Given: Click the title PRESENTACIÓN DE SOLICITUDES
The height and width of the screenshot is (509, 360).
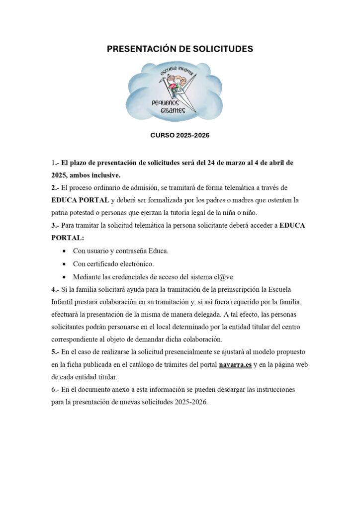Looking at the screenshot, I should (x=180, y=49).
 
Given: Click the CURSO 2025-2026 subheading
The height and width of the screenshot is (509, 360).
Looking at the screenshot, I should (x=180, y=135).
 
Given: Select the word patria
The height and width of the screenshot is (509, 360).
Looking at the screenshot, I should (x=61, y=213).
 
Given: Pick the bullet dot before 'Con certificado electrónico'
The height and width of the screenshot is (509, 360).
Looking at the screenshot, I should (x=66, y=264).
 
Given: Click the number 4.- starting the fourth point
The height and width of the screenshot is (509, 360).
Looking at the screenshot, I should (x=55, y=289).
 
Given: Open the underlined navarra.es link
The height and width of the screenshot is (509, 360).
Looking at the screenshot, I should (x=235, y=365).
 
